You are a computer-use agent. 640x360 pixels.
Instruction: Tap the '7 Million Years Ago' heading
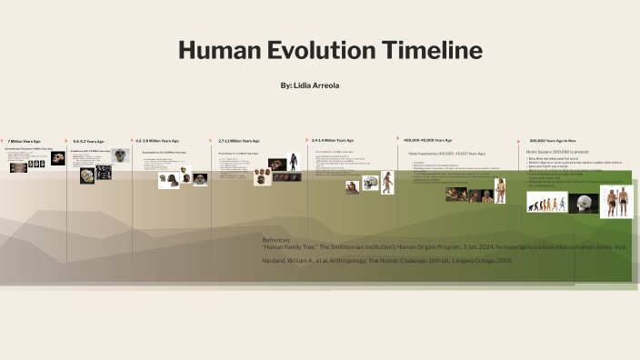pos(25,141)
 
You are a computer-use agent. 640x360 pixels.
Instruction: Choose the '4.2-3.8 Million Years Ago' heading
pos(157,141)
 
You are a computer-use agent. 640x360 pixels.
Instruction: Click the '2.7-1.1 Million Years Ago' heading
pos(238,141)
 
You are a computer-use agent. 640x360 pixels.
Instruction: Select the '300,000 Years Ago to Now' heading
pos(553,141)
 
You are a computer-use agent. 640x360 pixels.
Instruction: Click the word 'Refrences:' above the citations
pos(277,239)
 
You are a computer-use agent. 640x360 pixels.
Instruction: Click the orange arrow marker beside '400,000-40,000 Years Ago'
pos(398,138)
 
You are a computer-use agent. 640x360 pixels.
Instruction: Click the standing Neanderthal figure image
pos(499,191)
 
